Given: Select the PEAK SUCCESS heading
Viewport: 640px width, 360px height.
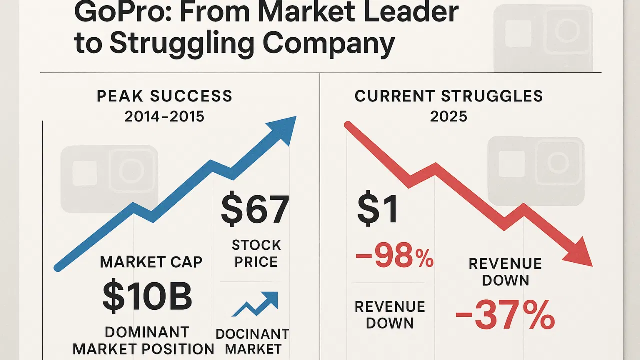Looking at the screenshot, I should click(x=164, y=96).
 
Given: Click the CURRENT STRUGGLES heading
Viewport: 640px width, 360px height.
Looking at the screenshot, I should click(x=448, y=96).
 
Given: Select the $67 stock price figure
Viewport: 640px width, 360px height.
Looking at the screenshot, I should click(x=255, y=210).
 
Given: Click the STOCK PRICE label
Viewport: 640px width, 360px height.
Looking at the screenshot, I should click(x=256, y=253).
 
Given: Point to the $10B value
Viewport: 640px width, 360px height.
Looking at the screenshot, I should click(x=147, y=297).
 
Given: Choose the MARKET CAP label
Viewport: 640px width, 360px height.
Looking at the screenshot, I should click(x=151, y=262).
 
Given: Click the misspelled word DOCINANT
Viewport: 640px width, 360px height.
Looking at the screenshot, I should click(x=252, y=334).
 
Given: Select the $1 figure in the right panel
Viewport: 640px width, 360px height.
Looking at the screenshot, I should click(x=378, y=210).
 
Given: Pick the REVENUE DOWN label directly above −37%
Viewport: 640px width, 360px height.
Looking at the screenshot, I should click(x=505, y=272).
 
